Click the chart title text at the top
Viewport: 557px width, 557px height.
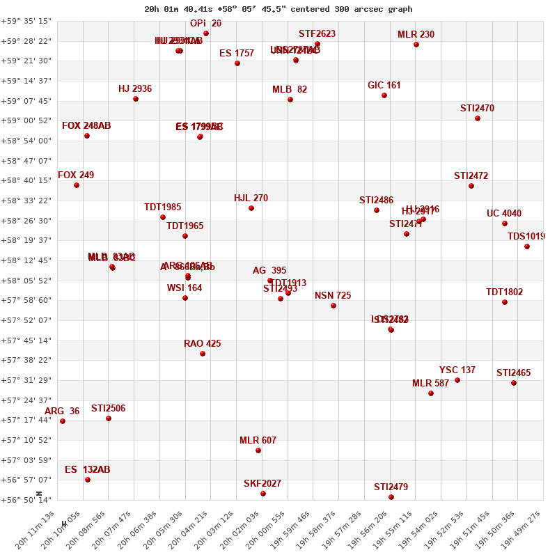278,9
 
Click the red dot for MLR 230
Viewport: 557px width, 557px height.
416,45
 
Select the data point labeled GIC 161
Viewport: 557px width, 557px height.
384,95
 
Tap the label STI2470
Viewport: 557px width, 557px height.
477,109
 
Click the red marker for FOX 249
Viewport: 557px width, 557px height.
77,185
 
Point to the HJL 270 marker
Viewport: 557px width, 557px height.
251,208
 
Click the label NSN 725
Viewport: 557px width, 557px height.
333,296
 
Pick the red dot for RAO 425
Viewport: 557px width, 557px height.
203,354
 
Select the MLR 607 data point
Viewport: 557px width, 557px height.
258,450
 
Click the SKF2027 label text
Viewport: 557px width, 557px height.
262,484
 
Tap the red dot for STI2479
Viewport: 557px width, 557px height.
391,497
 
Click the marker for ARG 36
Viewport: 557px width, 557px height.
63,421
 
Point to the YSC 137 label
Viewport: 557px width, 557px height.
457,370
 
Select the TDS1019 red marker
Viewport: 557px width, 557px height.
527,246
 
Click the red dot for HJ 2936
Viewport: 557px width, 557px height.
136,99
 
